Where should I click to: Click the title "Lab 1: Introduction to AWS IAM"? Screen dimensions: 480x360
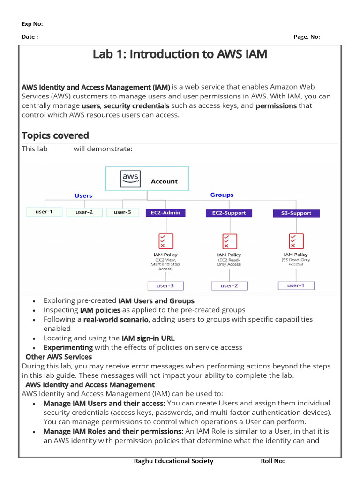[x=180, y=54]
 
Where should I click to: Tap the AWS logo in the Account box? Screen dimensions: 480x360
[x=130, y=179]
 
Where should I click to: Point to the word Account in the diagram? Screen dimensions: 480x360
[x=164, y=181]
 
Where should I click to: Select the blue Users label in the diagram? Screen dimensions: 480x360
[x=83, y=195]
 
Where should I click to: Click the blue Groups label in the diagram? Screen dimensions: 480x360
[x=222, y=195]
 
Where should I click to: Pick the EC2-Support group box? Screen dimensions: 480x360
[x=229, y=213]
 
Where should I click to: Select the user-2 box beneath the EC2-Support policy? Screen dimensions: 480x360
[x=229, y=285]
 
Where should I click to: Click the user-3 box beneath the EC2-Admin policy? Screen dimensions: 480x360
[x=165, y=285]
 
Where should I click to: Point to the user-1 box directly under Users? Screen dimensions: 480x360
[x=44, y=212]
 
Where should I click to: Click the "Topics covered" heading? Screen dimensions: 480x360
[x=55, y=135]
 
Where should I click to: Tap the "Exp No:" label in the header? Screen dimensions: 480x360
[x=32, y=24]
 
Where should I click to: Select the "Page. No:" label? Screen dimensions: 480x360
[x=307, y=37]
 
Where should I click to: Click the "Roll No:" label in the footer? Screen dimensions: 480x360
[x=272, y=461]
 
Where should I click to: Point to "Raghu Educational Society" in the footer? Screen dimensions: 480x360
[x=173, y=461]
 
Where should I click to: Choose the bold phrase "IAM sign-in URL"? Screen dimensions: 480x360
[x=148, y=338]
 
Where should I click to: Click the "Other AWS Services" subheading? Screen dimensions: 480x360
[x=59, y=357]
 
